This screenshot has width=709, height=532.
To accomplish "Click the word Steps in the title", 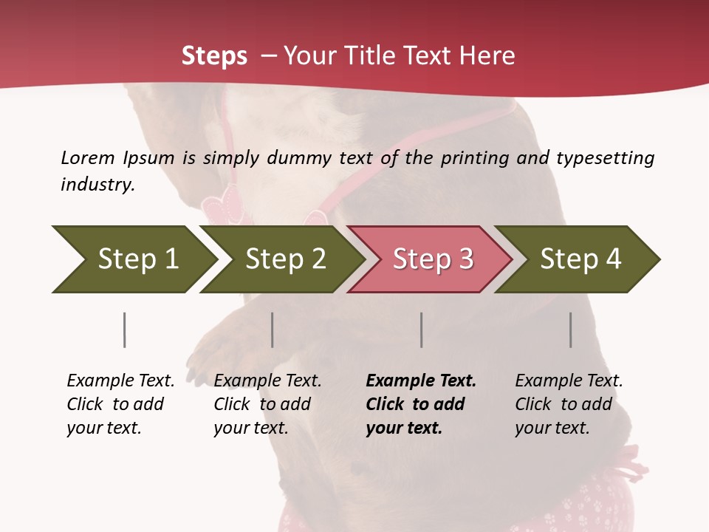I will [x=214, y=56].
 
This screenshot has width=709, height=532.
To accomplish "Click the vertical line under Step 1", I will [x=124, y=330].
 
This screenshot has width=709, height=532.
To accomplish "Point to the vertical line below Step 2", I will [x=272, y=330].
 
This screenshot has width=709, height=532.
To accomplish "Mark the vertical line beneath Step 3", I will [x=421, y=330].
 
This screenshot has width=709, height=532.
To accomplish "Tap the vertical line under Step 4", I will [x=570, y=330].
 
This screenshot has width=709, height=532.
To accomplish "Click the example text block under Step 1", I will [x=120, y=404].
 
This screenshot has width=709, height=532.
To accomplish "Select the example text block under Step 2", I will [x=267, y=404].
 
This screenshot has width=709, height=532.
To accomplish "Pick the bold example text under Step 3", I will [x=420, y=404].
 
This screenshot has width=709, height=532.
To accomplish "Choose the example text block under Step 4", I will [x=568, y=404].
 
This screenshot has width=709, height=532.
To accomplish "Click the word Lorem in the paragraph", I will [x=87, y=157].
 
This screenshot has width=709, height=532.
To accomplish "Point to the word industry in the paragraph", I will [x=97, y=185].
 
